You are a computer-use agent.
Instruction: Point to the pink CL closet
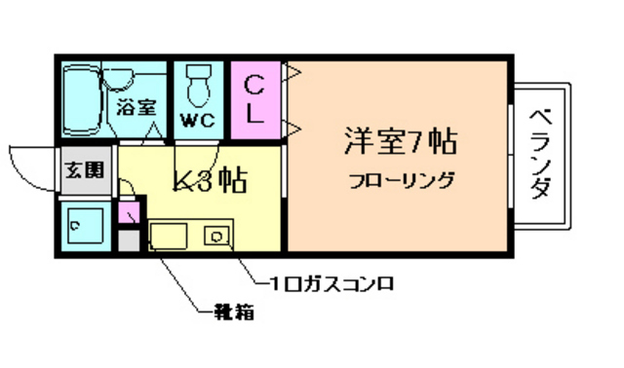[x=256, y=99]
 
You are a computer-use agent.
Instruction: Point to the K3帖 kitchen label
[x=208, y=179]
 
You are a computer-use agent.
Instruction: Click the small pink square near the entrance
[x=127, y=212]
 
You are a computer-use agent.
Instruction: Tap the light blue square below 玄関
[x=83, y=227]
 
